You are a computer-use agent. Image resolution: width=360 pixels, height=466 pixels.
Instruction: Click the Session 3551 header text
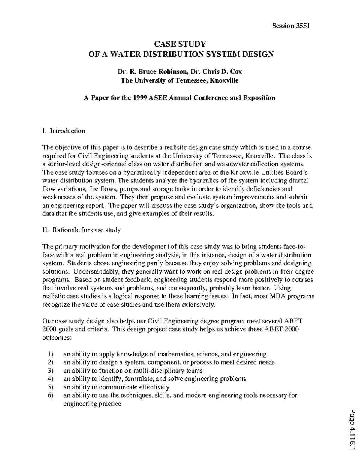(x=290, y=26)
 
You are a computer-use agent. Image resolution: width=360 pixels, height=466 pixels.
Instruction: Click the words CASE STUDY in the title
(x=180, y=44)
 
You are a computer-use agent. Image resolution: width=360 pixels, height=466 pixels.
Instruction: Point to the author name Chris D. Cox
(x=222, y=72)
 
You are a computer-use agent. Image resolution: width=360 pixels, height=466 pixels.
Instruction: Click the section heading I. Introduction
(x=64, y=131)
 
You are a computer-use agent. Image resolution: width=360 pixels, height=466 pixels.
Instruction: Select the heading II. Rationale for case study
(x=82, y=230)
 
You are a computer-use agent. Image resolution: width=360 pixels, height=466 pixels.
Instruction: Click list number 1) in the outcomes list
(x=51, y=354)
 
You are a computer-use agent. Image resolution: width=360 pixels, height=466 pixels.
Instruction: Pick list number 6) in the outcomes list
(x=51, y=395)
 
